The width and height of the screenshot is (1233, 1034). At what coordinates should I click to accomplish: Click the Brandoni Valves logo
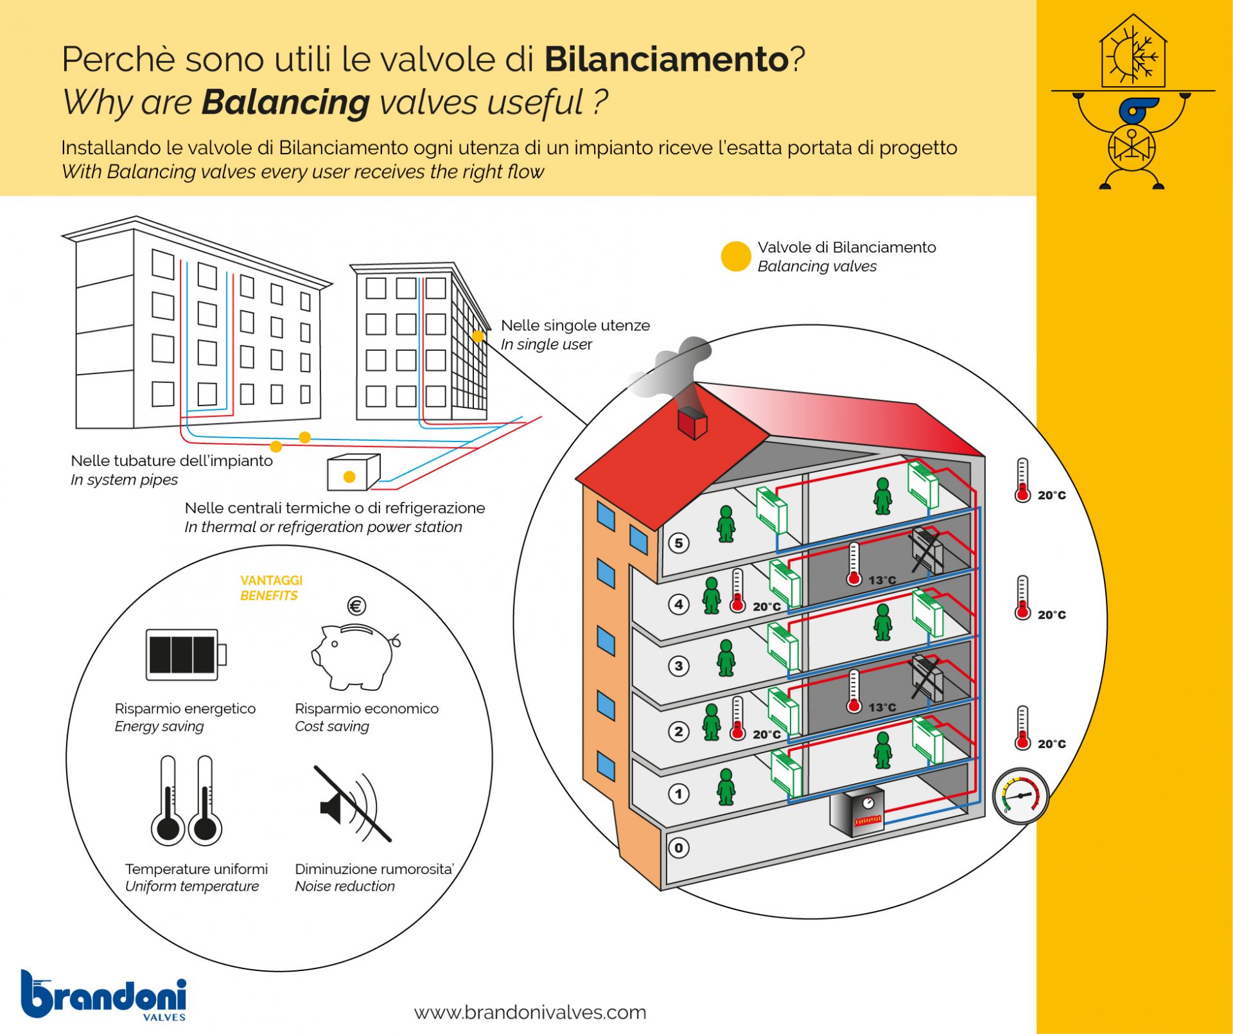(x=104, y=995)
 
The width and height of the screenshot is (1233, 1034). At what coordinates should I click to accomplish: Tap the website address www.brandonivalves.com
(x=530, y=1012)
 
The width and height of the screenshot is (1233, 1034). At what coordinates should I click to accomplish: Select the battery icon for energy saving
(x=185, y=654)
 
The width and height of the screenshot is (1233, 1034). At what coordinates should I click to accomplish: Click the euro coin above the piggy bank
(x=356, y=605)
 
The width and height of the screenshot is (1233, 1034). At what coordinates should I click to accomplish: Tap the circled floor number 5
(x=679, y=543)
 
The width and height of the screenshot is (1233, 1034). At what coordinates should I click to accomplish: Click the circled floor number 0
(x=679, y=848)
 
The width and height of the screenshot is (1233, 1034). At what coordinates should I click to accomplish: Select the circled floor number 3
(x=679, y=666)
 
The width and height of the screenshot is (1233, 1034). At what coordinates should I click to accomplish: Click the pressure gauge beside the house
(x=1020, y=796)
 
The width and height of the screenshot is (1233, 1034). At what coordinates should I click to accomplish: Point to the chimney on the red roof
(x=692, y=422)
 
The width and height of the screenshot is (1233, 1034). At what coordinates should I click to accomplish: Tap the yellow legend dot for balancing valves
(x=736, y=256)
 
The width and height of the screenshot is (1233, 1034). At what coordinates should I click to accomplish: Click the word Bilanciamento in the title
(x=667, y=59)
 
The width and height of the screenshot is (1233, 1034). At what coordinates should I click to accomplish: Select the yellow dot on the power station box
(x=349, y=477)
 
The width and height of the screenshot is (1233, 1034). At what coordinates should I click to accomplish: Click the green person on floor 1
(x=726, y=787)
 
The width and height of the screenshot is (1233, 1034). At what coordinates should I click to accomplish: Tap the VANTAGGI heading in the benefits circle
(x=271, y=580)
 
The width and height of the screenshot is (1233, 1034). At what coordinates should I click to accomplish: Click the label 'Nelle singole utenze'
(x=575, y=325)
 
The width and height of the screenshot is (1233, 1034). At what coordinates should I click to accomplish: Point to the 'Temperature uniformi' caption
(x=196, y=869)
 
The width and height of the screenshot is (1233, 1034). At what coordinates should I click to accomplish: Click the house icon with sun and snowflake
(x=1133, y=53)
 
